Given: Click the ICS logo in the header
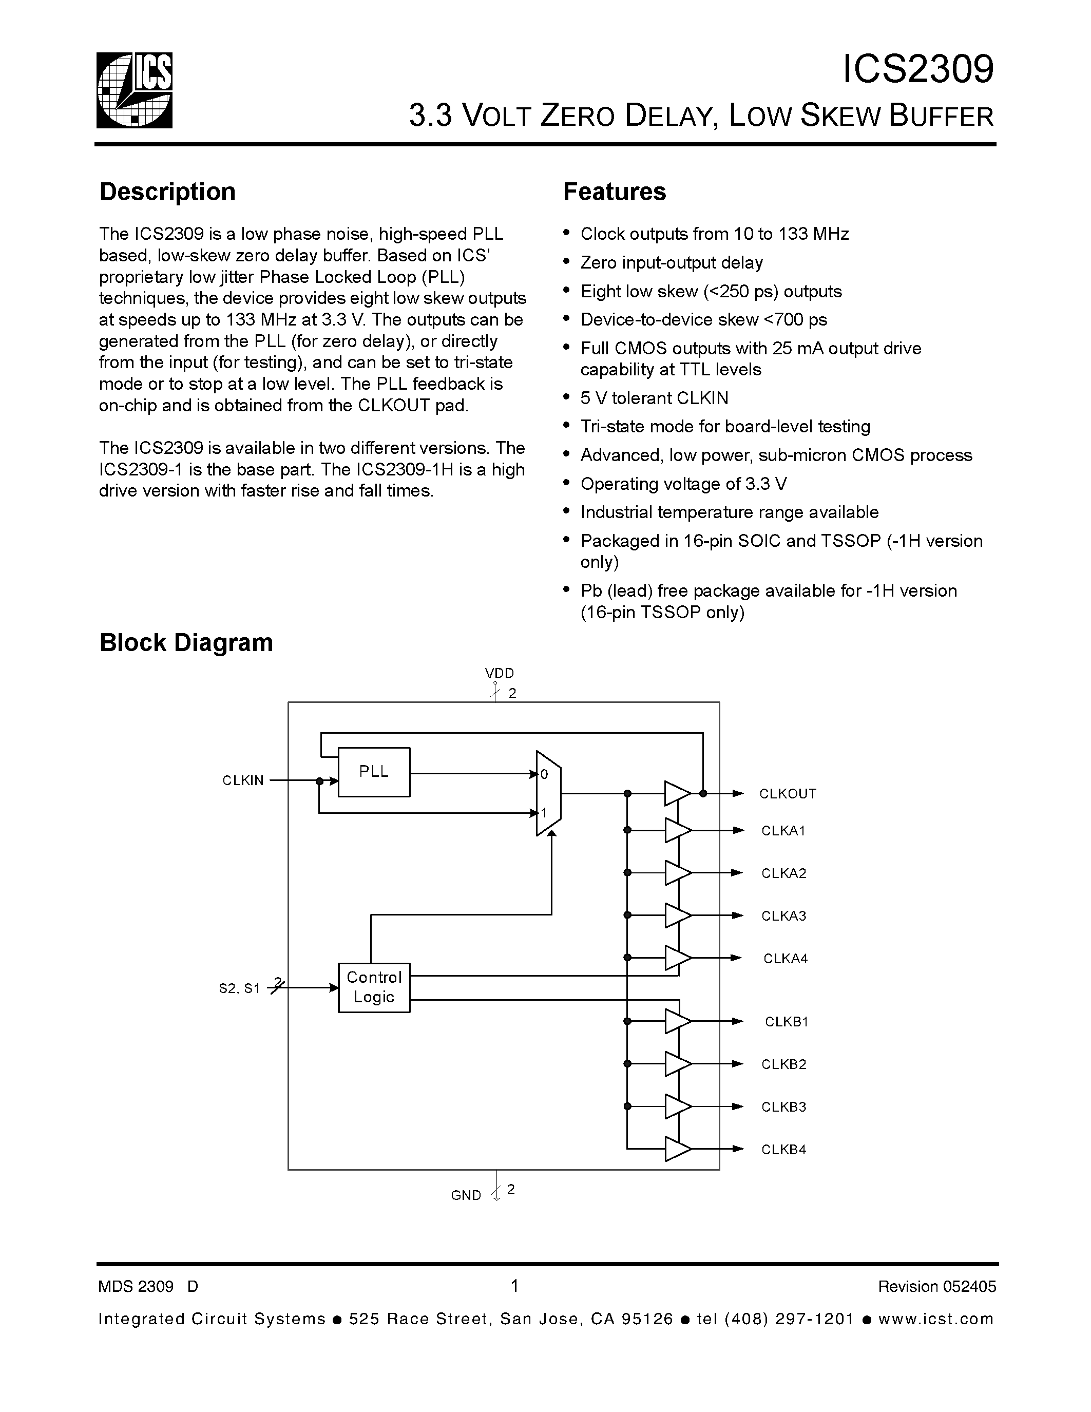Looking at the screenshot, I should tap(135, 90).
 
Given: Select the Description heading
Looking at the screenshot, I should tap(167, 192).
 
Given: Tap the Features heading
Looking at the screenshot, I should tap(614, 192).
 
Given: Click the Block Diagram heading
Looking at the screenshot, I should tap(186, 643).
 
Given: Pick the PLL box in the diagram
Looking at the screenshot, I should tap(374, 772).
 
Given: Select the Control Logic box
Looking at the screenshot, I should tap(374, 987).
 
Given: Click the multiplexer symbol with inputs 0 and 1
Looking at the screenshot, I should tap(549, 793).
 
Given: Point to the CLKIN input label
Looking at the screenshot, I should tap(243, 780).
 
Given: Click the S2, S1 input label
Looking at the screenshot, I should tap(239, 988).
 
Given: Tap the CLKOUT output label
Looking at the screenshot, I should tap(787, 794).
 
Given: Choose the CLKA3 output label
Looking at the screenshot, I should tap(783, 916).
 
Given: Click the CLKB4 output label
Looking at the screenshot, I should tap(783, 1150).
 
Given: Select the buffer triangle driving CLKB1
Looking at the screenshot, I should tap(677, 1021).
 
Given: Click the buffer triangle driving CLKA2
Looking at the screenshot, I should tap(677, 873).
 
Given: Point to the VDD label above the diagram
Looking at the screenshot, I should tap(499, 674).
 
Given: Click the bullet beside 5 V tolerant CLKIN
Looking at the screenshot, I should tap(567, 397).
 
